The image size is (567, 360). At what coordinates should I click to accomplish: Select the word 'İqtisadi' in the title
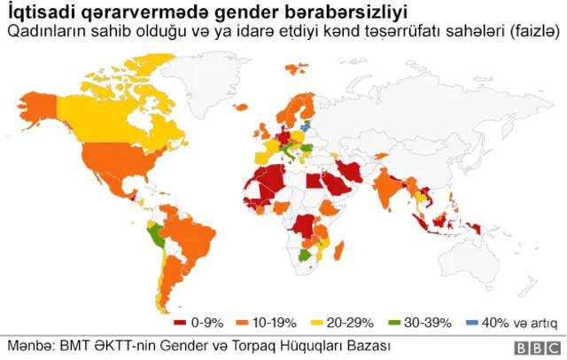click(35, 13)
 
